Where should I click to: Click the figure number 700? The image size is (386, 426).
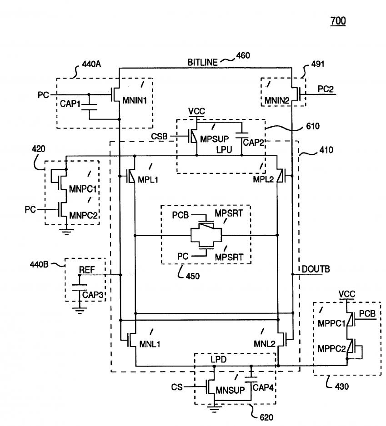coord(338,21)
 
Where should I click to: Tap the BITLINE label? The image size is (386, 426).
coord(203,63)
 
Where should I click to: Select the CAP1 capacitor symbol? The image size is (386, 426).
coord(89,107)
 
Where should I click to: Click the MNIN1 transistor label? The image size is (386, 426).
coord(135,100)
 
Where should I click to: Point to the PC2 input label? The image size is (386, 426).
coord(326,89)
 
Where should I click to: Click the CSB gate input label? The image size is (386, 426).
coord(159,136)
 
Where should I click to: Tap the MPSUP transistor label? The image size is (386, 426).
coord(214,139)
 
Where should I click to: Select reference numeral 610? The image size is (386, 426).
coord(313,126)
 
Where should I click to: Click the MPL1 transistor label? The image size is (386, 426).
coord(148,179)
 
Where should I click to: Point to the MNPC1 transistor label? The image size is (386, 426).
coord(83,189)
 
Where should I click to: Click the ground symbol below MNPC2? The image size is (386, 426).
coord(66,232)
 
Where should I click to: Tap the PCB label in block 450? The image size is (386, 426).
coord(180,215)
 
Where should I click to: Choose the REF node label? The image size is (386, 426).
coord(87,270)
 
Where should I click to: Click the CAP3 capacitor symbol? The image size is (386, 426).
coord(80,288)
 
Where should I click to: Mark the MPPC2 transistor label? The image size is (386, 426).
coord(331,349)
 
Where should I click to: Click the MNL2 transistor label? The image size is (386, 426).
coord(265,344)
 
